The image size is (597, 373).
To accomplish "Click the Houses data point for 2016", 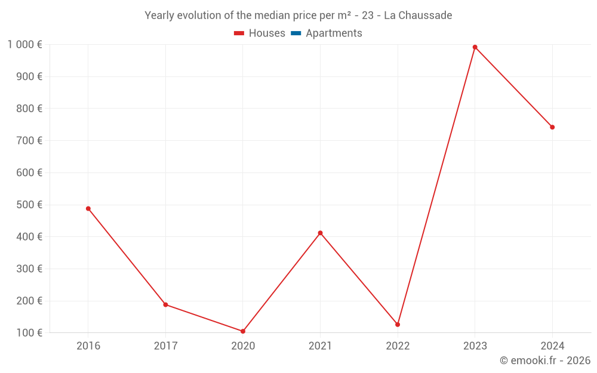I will click(x=88, y=208).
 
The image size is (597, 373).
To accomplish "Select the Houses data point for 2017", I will click(x=165, y=304).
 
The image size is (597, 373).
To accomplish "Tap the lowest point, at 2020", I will click(x=243, y=331).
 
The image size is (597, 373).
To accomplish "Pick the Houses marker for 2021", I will click(x=320, y=233).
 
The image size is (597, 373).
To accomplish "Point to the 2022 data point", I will click(x=398, y=325).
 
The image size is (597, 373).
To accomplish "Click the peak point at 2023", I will click(x=475, y=47).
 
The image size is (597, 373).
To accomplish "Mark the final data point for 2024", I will click(x=552, y=127).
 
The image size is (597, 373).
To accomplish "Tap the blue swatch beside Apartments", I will click(x=296, y=33).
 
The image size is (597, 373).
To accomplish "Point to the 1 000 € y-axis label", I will click(x=24, y=44).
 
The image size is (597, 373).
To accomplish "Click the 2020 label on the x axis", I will click(x=243, y=346).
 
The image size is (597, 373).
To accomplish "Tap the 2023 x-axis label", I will click(x=475, y=346).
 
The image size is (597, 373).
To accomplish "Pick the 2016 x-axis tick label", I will click(x=88, y=346).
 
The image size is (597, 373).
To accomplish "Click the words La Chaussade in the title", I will click(x=418, y=15).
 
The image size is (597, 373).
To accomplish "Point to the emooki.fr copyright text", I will click(x=544, y=360).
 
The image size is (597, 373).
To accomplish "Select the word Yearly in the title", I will click(x=160, y=15).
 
